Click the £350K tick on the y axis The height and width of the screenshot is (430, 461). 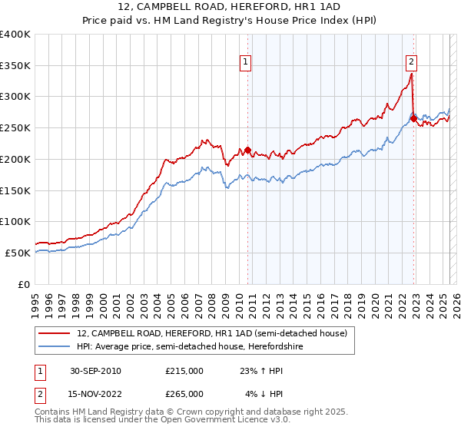[x=15, y=66]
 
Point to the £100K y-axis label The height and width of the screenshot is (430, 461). [x=15, y=221]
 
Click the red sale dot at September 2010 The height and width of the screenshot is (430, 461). [x=247, y=150]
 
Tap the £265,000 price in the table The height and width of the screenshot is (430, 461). [x=184, y=394]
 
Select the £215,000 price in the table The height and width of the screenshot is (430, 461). [x=184, y=371]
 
